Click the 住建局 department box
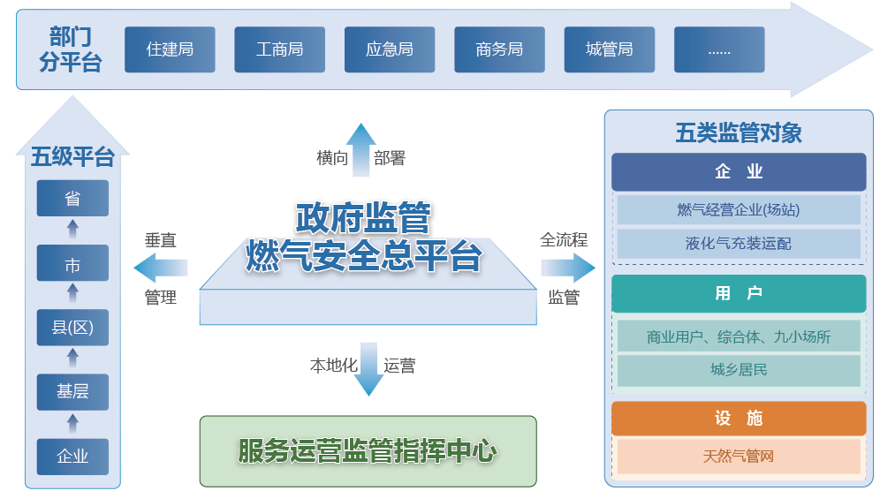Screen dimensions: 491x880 click(x=170, y=49)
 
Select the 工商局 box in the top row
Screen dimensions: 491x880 click(x=279, y=49)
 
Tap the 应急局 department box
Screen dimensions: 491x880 click(x=389, y=49)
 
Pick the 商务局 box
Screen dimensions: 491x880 click(x=499, y=49)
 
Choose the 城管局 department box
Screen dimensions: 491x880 click(x=609, y=49)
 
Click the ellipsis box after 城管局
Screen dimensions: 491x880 click(x=719, y=49)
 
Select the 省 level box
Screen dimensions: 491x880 click(x=72, y=199)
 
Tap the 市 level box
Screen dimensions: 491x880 click(x=72, y=264)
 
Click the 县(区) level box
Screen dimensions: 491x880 click(x=72, y=328)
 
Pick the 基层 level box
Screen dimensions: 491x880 click(x=72, y=392)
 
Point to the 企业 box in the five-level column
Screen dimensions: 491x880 click(x=72, y=457)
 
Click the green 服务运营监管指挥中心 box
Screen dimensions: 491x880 click(x=368, y=451)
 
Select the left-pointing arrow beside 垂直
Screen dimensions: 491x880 click(x=161, y=268)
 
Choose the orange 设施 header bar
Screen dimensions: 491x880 click(x=739, y=419)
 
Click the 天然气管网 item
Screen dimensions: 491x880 click(x=739, y=457)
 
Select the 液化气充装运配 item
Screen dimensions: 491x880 click(x=739, y=244)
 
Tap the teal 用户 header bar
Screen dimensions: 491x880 click(x=739, y=293)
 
